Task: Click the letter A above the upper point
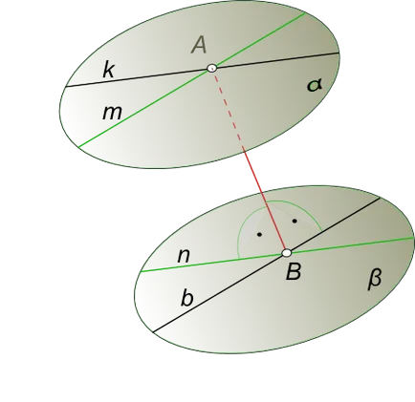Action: point(200,45)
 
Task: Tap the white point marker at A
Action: point(212,68)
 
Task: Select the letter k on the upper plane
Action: point(108,70)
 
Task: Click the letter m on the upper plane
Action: point(112,113)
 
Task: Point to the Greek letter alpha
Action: point(315,85)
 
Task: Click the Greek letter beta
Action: point(375,279)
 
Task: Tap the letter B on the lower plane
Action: point(294,272)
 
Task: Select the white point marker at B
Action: point(287,253)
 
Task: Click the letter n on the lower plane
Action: point(184,256)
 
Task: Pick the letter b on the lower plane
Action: point(187,299)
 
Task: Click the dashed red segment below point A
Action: point(229,109)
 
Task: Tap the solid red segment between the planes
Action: point(265,199)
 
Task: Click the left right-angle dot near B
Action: point(260,235)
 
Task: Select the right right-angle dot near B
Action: point(295,221)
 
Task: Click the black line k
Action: point(202,70)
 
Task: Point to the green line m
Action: point(192,80)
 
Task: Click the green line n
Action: point(277,255)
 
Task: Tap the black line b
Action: point(267,264)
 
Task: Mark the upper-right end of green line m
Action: point(306,13)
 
